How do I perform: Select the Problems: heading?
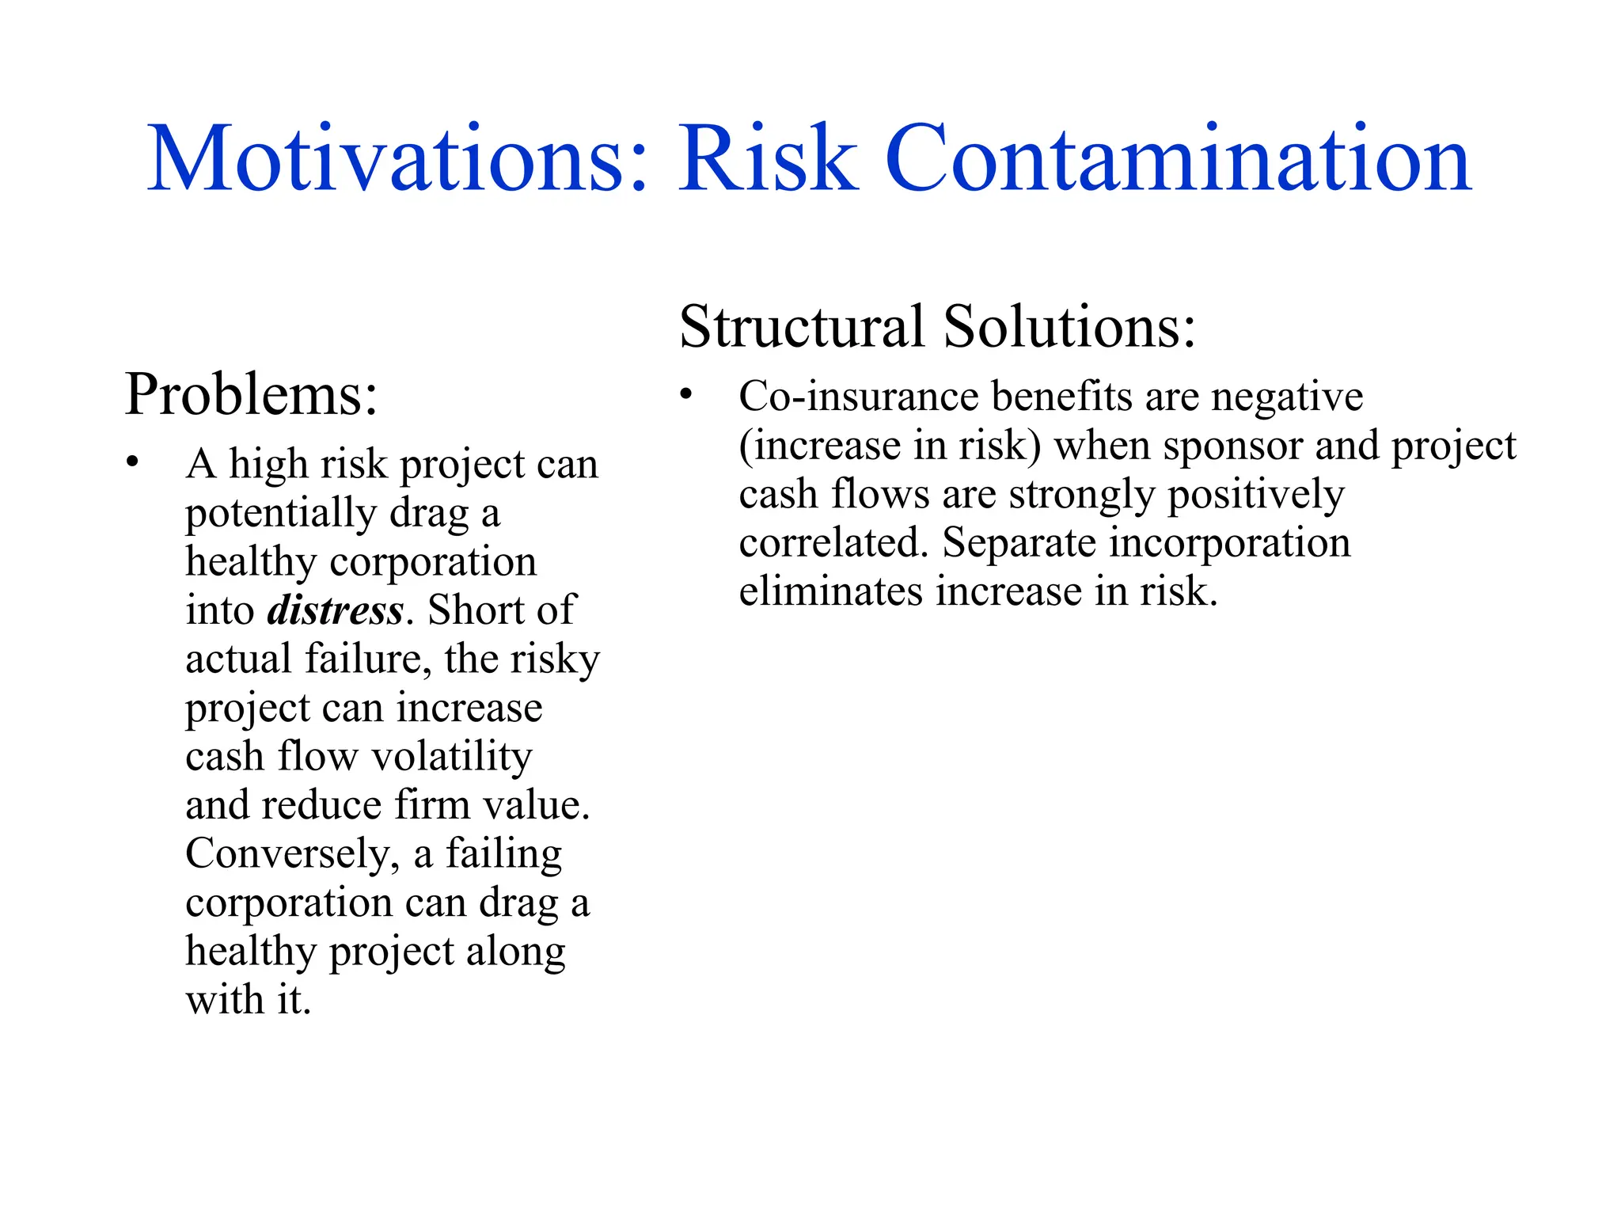[251, 394]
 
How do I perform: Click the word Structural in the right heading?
[802, 326]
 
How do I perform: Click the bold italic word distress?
[336, 610]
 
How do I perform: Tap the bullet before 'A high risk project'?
[132, 462]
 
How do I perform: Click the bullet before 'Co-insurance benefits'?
[685, 393]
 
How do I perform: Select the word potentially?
[280, 513]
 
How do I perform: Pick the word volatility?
[452, 757]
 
